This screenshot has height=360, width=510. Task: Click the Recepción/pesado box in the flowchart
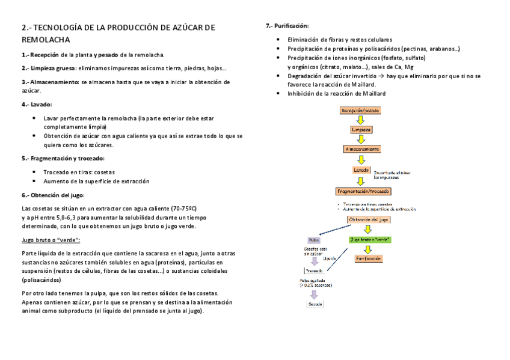point(360,111)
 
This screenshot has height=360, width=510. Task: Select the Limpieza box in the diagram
point(361,129)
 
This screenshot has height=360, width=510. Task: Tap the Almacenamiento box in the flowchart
point(361,148)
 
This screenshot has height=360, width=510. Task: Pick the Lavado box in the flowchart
point(361,170)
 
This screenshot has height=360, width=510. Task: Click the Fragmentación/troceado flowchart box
point(363,191)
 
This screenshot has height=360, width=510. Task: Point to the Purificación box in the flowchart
point(369,258)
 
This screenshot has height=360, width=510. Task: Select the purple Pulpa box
point(313,239)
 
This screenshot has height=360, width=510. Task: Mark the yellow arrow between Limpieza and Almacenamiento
point(361,139)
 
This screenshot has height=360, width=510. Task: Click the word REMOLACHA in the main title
point(45,40)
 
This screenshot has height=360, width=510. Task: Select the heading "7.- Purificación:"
point(287,26)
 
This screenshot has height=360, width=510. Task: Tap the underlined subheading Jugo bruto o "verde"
point(51,240)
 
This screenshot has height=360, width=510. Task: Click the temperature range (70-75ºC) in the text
point(183,208)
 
